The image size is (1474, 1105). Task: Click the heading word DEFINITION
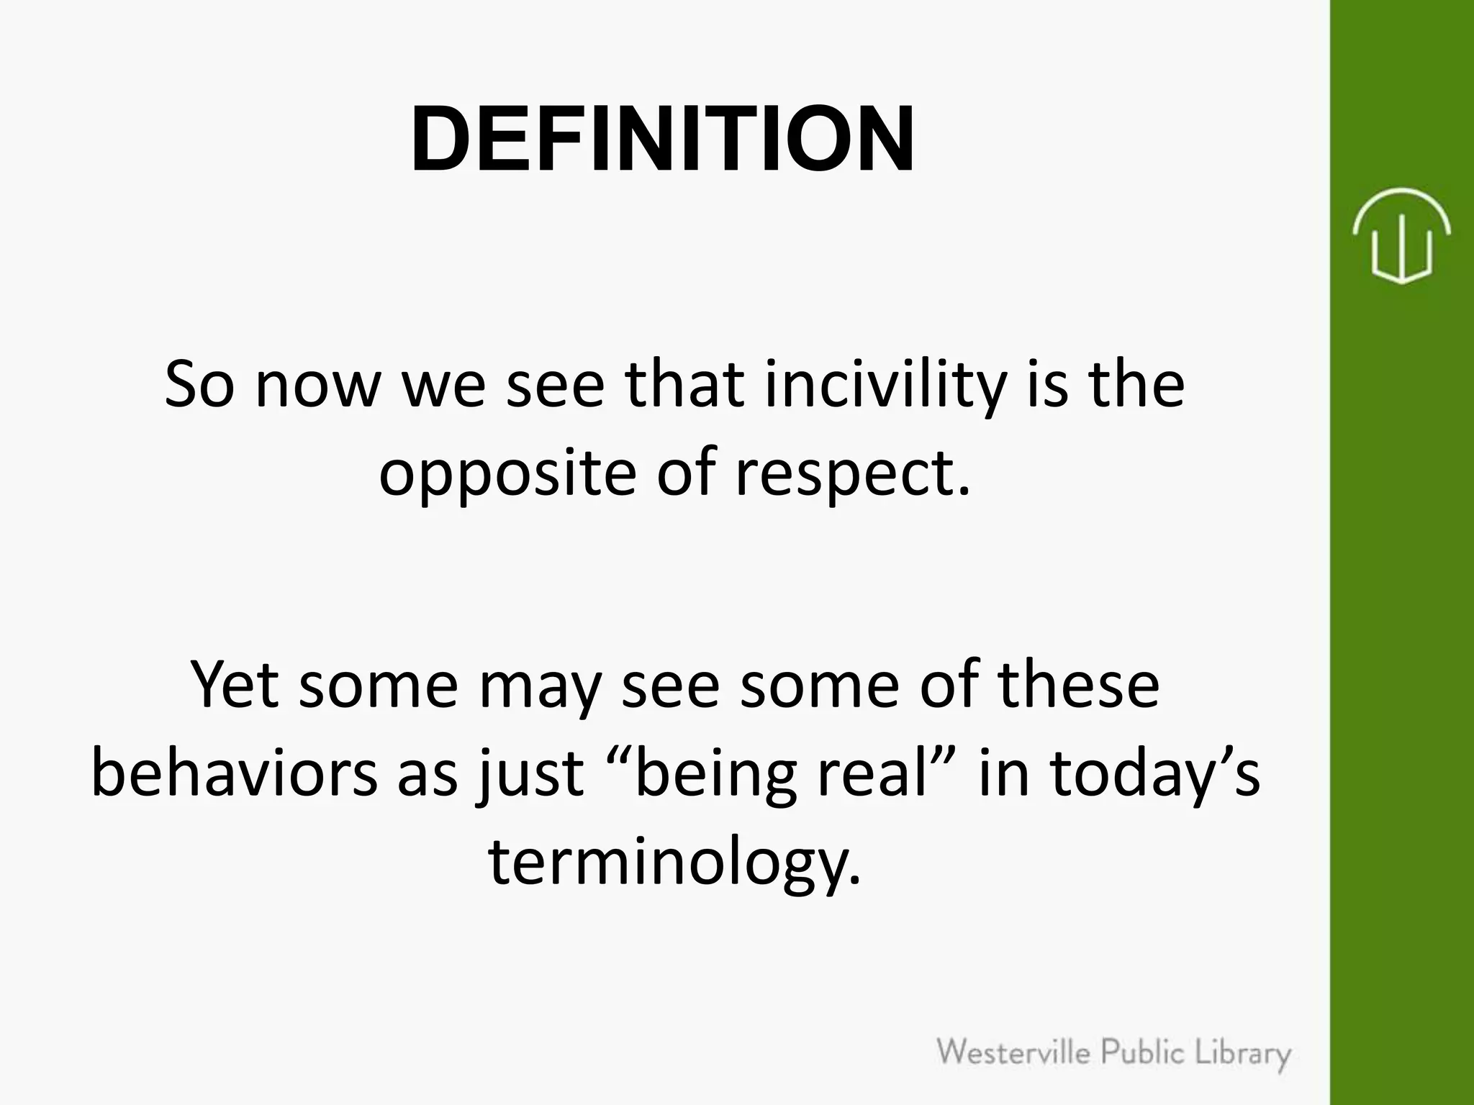tap(662, 139)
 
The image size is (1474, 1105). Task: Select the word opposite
tap(508, 474)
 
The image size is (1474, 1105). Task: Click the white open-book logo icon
tap(1401, 235)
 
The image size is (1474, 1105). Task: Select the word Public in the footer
tap(1144, 1054)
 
